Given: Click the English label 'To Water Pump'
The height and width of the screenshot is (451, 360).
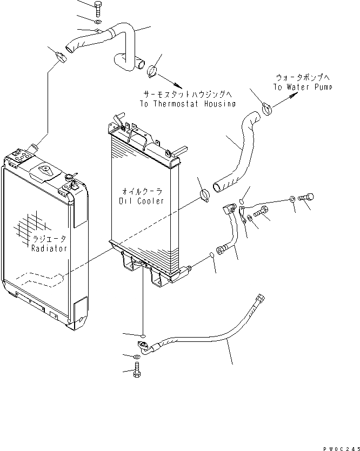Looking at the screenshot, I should (x=302, y=87).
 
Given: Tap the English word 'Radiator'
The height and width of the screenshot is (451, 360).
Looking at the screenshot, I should (x=49, y=248).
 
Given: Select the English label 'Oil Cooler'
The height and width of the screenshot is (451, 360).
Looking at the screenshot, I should (x=141, y=201).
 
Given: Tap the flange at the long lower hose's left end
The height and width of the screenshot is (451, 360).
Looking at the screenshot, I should (x=143, y=346).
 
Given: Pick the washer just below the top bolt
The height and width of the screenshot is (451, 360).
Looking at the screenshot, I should (x=96, y=22).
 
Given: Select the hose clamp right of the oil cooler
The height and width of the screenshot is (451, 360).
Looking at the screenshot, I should (x=204, y=195).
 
